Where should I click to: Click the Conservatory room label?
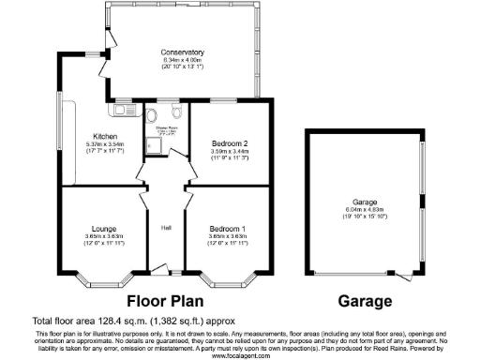(x=182, y=52)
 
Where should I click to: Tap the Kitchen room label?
(x=104, y=135)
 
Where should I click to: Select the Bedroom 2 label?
(x=229, y=143)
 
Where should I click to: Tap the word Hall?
(x=165, y=228)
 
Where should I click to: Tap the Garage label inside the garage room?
(x=364, y=201)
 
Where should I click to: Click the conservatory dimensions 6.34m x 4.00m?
(x=182, y=60)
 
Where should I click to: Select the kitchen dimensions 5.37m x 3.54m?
(x=104, y=143)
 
